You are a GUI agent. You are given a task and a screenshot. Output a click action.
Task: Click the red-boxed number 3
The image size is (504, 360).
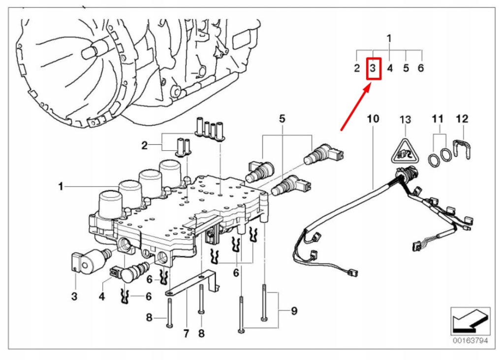click(x=374, y=68)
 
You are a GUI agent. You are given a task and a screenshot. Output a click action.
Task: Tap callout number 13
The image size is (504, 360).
click(x=405, y=119)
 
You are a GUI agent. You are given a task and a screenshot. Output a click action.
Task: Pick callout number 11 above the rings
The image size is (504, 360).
click(x=438, y=119)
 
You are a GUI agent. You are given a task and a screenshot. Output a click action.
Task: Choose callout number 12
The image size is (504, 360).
click(x=462, y=119)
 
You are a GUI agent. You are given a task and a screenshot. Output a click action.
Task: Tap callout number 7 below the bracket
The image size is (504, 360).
click(x=186, y=333)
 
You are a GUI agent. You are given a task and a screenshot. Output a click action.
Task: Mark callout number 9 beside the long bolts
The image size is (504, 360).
click(x=294, y=311)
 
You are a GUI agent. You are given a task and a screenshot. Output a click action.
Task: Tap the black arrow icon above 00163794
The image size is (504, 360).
click(x=470, y=320)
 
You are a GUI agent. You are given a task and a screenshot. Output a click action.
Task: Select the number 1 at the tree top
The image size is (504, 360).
click(x=389, y=38)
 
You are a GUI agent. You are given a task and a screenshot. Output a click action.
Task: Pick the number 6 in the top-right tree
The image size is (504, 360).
click(x=421, y=68)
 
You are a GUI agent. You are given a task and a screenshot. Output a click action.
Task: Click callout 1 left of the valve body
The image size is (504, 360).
click(x=61, y=187)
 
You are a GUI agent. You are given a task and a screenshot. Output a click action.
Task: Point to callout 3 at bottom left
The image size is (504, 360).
click(x=74, y=296)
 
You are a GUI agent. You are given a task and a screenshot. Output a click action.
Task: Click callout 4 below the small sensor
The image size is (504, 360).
click(x=102, y=296)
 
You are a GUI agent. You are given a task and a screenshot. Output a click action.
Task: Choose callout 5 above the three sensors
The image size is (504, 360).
click(x=282, y=119)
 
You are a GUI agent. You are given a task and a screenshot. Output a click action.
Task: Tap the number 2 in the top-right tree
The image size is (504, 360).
click(x=357, y=68)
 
